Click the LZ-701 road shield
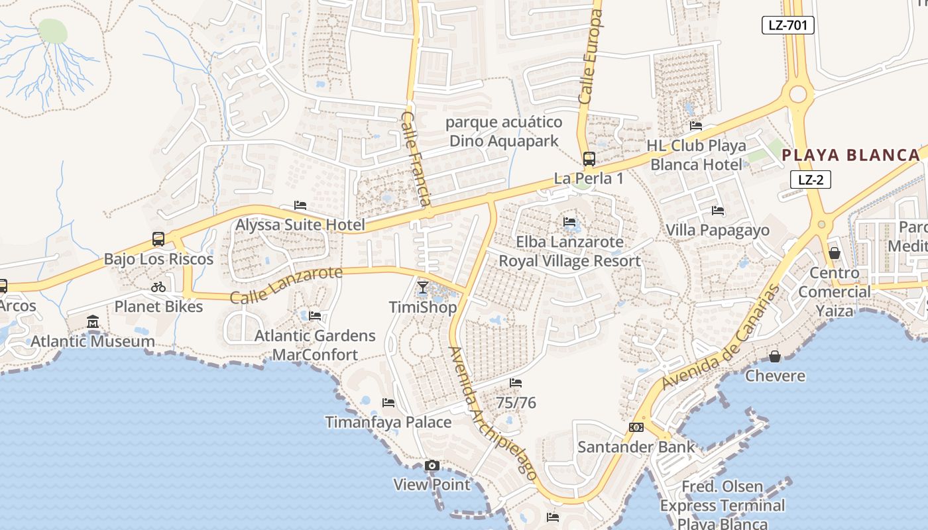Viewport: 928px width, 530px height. [787, 25]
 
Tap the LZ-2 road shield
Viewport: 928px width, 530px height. [810, 180]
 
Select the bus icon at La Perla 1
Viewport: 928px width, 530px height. [589, 159]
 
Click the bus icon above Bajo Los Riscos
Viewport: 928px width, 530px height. [158, 238]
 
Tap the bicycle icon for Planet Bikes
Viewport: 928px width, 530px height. [158, 287]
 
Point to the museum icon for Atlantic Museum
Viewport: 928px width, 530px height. [93, 322]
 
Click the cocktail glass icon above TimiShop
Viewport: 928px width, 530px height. [423, 288]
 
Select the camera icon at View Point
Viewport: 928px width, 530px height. [432, 466]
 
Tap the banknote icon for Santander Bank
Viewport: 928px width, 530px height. [636, 427]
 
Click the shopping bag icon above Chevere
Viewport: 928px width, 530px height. [774, 357]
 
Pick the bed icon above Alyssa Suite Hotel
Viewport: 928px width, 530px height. [300, 205]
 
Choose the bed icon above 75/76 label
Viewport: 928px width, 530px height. [515, 383]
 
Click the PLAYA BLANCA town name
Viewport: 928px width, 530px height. [850, 156]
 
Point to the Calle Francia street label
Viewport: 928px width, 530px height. [416, 158]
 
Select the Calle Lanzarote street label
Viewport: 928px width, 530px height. [286, 285]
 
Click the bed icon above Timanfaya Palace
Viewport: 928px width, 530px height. [388, 403]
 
